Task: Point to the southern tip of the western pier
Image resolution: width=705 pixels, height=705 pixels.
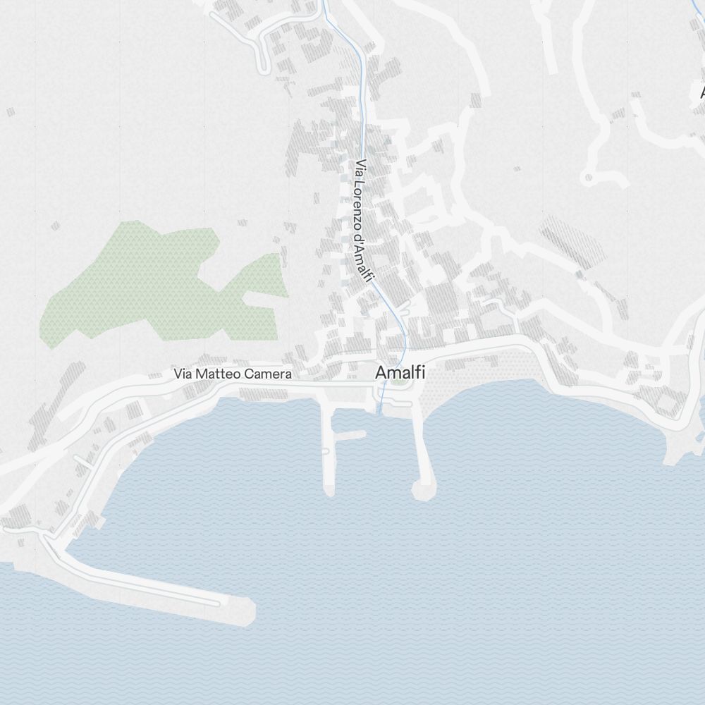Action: click(x=329, y=488)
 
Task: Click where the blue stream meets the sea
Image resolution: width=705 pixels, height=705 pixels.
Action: click(x=380, y=411)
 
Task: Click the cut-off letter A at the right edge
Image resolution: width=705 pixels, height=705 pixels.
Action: click(x=701, y=92)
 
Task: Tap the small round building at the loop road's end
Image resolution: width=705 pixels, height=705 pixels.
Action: click(x=589, y=177)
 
